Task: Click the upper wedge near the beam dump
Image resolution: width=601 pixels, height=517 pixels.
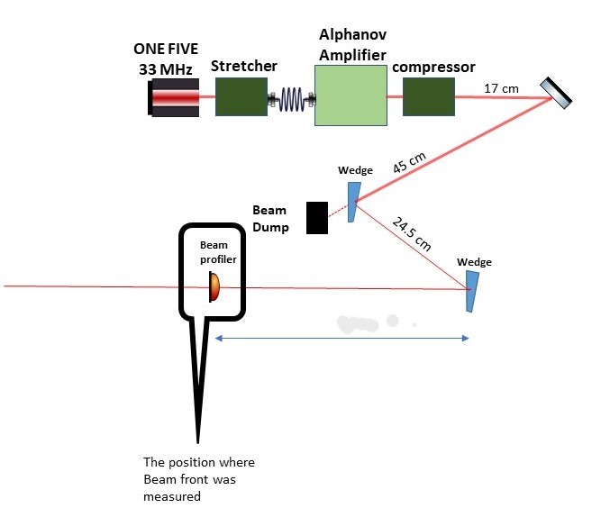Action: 352,203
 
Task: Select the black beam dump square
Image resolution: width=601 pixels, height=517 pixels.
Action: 317,218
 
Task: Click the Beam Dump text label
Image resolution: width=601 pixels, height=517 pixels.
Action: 270,219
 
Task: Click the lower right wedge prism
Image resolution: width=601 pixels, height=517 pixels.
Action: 470,293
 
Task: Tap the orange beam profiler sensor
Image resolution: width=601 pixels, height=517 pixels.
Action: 214,287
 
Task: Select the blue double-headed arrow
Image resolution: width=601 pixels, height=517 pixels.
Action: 341,339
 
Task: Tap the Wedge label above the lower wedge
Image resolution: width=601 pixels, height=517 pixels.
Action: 475,262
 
